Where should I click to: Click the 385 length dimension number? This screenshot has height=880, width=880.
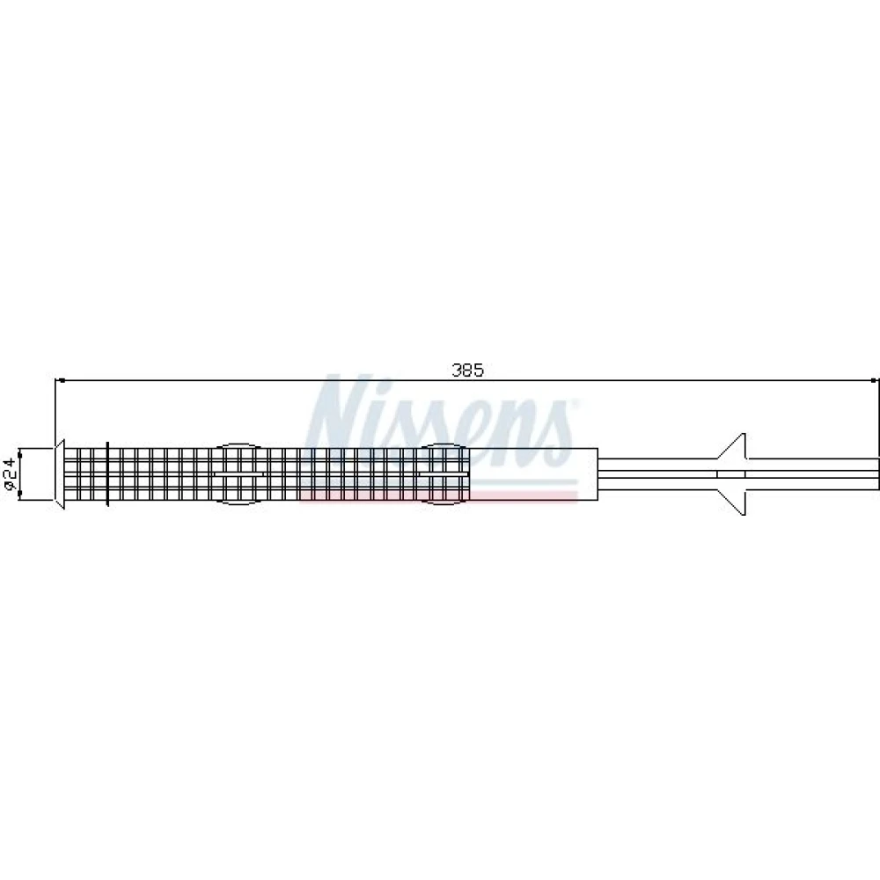(467, 370)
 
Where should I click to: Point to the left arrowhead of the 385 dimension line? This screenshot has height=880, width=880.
(61, 380)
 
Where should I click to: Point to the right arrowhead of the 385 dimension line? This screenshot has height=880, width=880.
(873, 380)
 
